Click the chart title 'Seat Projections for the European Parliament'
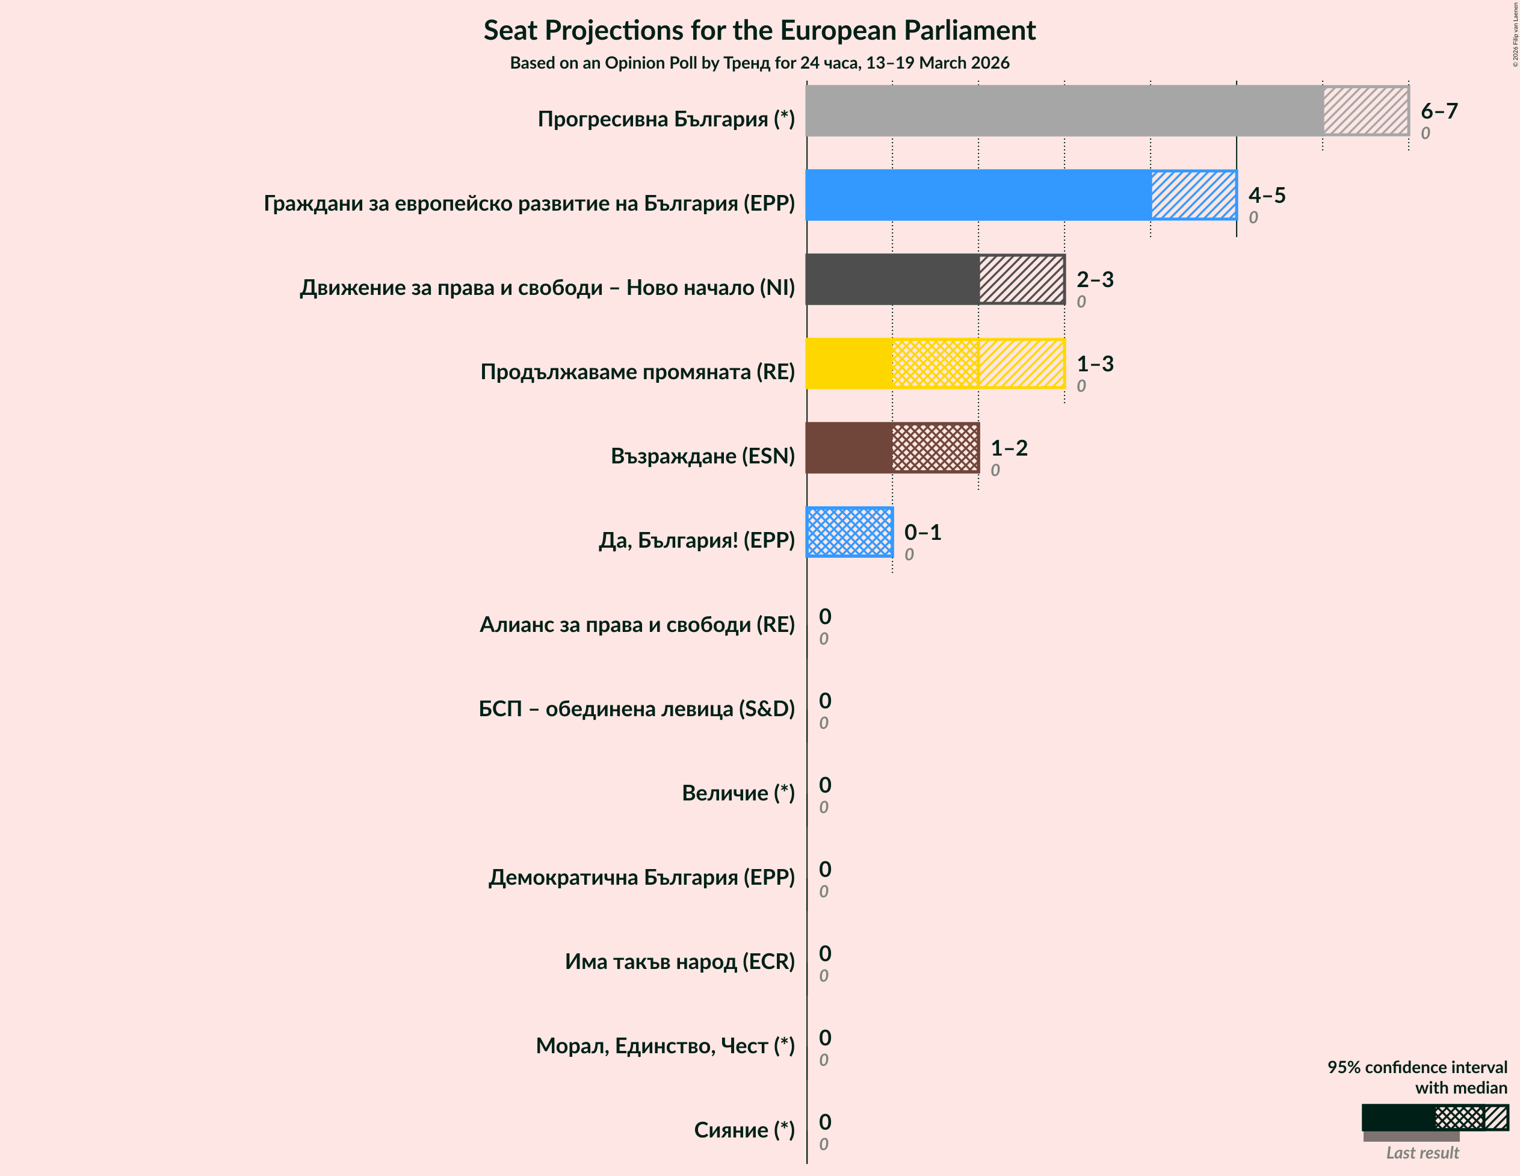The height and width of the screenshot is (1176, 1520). click(759, 31)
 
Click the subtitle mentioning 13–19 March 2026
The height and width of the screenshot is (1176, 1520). click(759, 63)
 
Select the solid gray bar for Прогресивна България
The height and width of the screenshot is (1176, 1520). click(1063, 111)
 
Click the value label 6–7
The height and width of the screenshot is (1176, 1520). click(1439, 111)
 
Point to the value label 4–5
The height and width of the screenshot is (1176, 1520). click(1266, 195)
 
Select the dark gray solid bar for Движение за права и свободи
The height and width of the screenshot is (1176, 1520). click(892, 279)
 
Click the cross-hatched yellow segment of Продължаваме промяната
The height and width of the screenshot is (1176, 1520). click(935, 364)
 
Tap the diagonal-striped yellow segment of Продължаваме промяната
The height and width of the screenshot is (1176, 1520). click(1021, 364)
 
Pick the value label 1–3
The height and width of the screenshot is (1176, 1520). click(1095, 364)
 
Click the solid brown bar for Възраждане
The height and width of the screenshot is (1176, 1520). click(849, 448)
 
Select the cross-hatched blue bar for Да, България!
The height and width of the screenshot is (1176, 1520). click(849, 532)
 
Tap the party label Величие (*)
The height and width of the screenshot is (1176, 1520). click(738, 793)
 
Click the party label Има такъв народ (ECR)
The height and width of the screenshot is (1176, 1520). click(679, 961)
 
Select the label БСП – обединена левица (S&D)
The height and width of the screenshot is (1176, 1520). click(636, 708)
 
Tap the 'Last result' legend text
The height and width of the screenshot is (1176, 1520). click(1422, 1153)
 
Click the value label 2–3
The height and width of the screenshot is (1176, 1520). click(1095, 279)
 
